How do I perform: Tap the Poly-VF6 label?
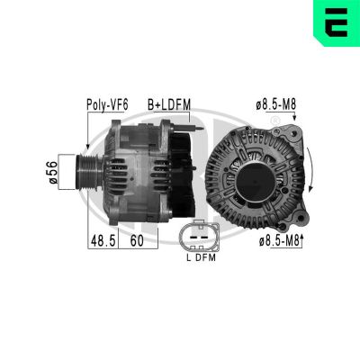(x=107, y=105)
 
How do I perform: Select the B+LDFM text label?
(x=169, y=105)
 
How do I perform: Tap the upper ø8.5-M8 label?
(x=274, y=105)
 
